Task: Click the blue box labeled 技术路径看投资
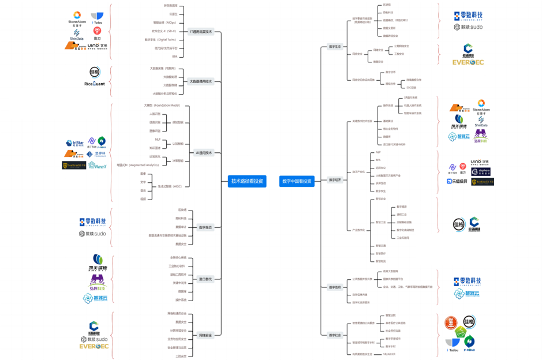(x=247, y=181)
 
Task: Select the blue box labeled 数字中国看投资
(x=297, y=181)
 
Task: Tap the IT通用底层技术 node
(x=201, y=32)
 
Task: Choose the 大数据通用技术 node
(x=201, y=81)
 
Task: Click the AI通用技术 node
(x=204, y=153)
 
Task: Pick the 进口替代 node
(x=205, y=279)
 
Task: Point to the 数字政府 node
(x=335, y=287)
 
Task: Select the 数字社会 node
(x=335, y=335)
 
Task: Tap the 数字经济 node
(x=335, y=179)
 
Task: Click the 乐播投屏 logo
(x=456, y=181)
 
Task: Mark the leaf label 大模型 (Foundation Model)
(x=162, y=106)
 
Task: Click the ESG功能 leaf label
(x=411, y=87)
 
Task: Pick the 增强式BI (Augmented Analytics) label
(x=138, y=165)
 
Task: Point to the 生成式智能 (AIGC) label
(x=170, y=186)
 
